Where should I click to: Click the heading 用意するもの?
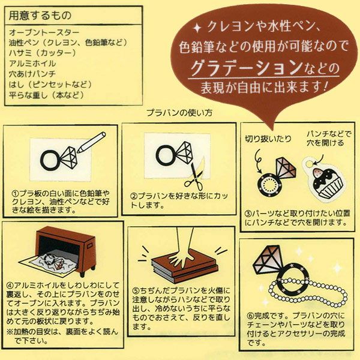coord(40,16)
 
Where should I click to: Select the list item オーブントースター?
coord(44,32)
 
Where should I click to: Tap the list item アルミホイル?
coord(32,64)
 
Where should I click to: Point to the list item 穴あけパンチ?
coord(32,74)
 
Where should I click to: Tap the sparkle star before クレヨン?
coord(197,28)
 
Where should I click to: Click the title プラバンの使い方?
coord(179,113)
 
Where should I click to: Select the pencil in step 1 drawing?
coord(91,142)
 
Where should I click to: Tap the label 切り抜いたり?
coord(268,139)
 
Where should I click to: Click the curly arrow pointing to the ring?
coord(258,161)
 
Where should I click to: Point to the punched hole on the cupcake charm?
coord(310,163)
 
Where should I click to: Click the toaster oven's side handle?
coord(89,246)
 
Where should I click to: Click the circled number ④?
coord(10,286)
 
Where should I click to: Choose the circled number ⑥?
coord(250,316)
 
